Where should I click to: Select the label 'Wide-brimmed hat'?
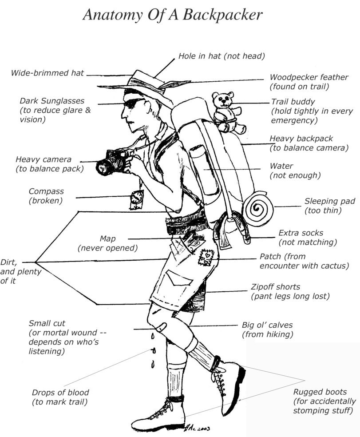click(47, 73)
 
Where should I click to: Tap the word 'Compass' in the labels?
click(46, 191)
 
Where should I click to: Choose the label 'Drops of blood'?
click(60, 393)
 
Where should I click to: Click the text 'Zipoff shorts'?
click(275, 287)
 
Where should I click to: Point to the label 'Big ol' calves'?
click(267, 325)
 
